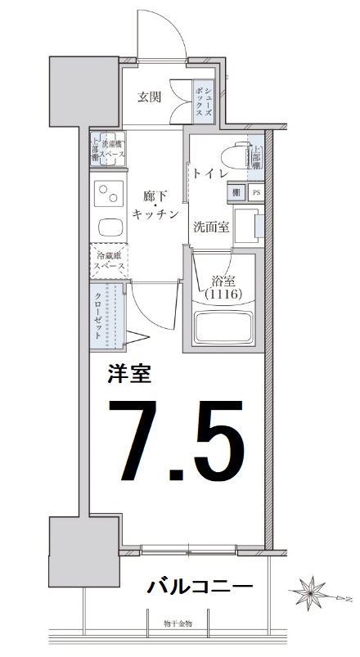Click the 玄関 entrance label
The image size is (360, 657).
[148, 97]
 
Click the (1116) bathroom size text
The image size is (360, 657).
[223, 294]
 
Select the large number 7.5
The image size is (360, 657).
[182, 441]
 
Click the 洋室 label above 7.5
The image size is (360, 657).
[129, 375]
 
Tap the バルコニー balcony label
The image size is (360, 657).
[200, 587]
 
